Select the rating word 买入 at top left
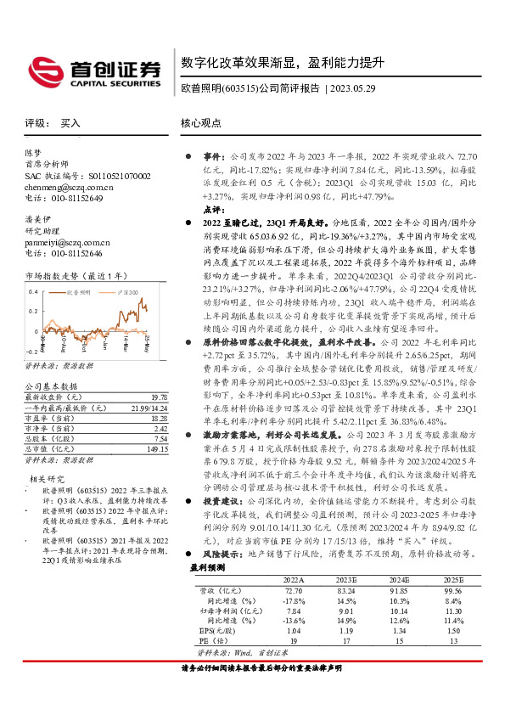click(71, 124)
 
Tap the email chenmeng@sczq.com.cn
click(69, 186)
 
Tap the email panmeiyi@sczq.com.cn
click(68, 242)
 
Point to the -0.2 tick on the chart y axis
click(31, 349)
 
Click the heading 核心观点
click(201, 124)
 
